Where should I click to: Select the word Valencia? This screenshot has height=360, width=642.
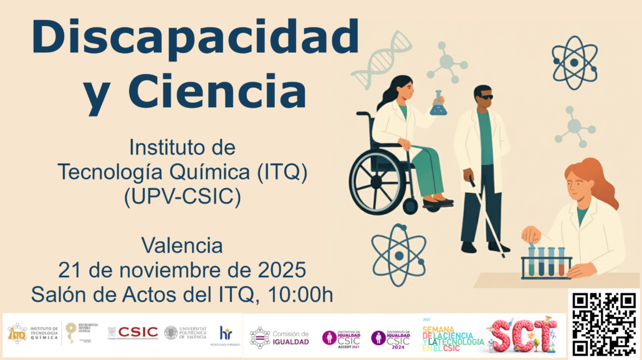click(x=182, y=245)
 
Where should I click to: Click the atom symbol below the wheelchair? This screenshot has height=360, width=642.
click(x=398, y=254)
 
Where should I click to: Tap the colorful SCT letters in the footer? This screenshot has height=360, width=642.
click(x=522, y=336)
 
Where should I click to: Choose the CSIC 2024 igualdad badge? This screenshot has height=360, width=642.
click(x=391, y=338)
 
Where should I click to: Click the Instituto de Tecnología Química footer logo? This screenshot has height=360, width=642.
click(x=33, y=333)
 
